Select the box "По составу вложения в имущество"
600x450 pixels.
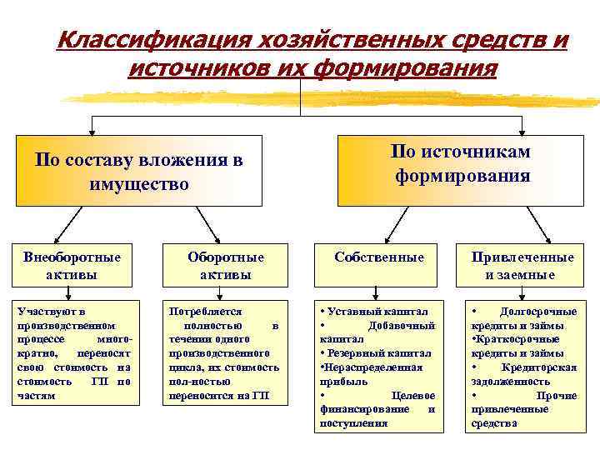[x=139, y=171]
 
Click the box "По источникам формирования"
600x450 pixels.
[x=460, y=163]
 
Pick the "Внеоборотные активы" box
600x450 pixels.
[x=71, y=265]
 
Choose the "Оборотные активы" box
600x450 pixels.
[x=226, y=265]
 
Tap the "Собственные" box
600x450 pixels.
[x=379, y=258]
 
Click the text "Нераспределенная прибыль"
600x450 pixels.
[x=372, y=373]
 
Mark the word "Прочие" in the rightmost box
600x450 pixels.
[x=556, y=395]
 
